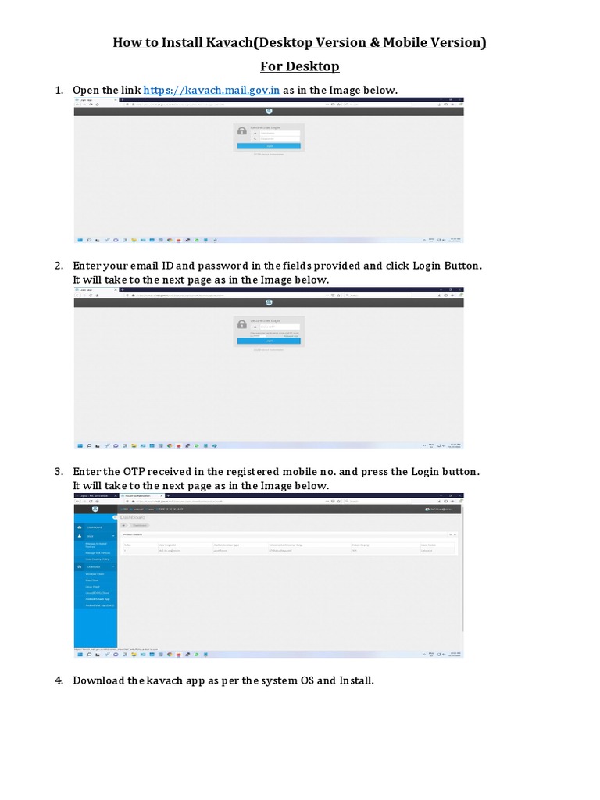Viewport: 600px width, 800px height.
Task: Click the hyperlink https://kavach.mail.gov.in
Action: (212, 91)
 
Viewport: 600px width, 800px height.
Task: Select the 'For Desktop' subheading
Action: (300, 66)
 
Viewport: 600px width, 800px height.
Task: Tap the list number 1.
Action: (59, 91)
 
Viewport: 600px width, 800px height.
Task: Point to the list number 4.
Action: (59, 680)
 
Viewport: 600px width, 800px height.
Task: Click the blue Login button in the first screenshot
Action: (269, 146)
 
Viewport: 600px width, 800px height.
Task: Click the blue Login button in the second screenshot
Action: (269, 341)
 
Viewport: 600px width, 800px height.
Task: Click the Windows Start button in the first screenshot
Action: (79, 240)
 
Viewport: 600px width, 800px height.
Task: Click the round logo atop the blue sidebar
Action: (94, 509)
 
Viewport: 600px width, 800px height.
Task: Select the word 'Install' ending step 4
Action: (355, 680)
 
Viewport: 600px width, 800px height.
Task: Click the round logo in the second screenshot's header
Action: (269, 303)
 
